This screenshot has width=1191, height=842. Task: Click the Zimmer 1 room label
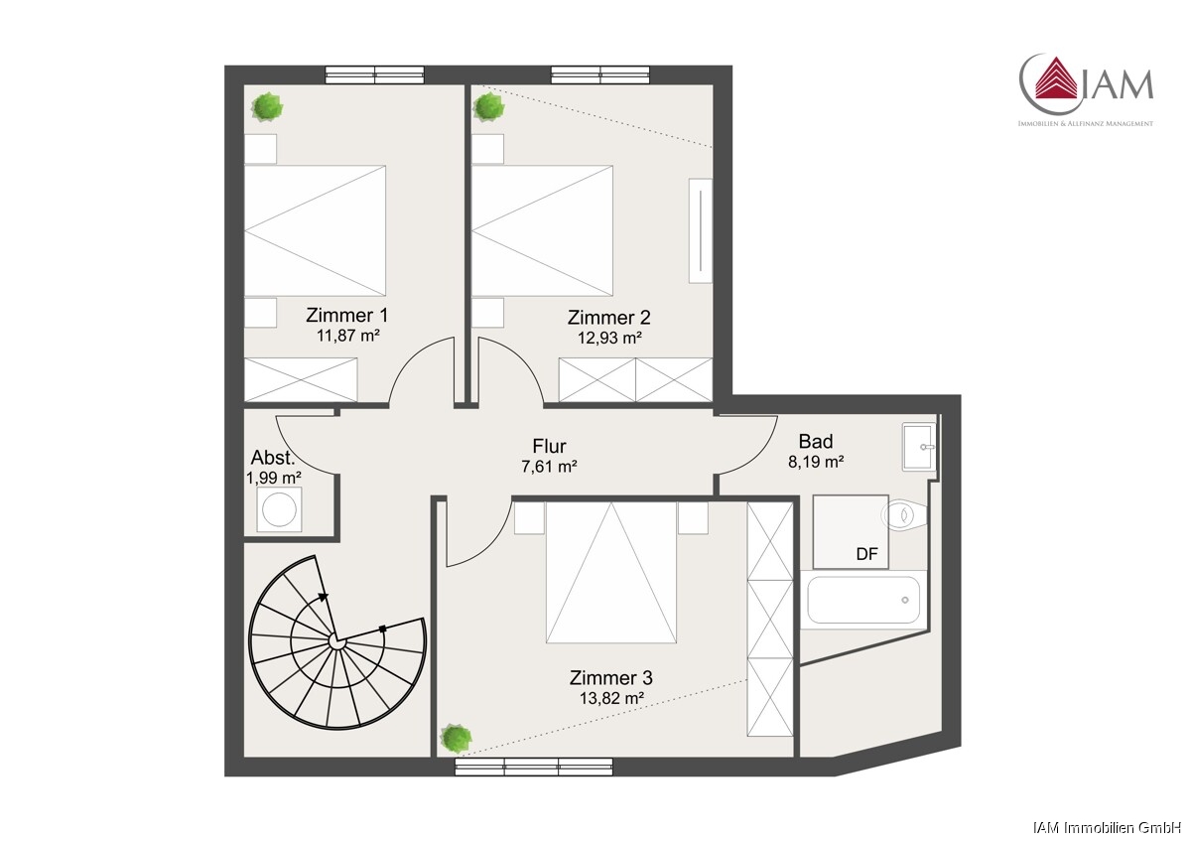tap(346, 316)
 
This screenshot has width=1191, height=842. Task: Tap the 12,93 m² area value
tap(609, 338)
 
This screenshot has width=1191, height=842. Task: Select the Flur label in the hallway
tap(549, 446)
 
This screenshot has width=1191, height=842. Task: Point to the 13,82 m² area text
tap(611, 698)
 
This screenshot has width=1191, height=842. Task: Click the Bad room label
tap(816, 442)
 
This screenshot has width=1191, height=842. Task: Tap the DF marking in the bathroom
tap(866, 554)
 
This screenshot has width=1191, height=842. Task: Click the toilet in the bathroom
tap(903, 514)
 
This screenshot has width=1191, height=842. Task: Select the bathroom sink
tap(919, 447)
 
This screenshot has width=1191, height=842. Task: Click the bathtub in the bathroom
tap(863, 600)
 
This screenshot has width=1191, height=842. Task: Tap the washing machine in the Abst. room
tap(279, 509)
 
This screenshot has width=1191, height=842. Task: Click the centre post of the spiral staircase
tap(336, 642)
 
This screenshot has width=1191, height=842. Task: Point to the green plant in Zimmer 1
tap(267, 107)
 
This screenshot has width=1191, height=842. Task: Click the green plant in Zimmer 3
tap(457, 738)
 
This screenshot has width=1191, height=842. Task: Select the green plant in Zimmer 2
tap(488, 107)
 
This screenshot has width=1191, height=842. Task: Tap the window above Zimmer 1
tap(375, 75)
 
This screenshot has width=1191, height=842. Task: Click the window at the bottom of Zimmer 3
tap(534, 767)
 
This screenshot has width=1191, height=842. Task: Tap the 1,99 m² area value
tap(274, 478)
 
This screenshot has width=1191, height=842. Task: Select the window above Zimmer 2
tap(600, 75)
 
